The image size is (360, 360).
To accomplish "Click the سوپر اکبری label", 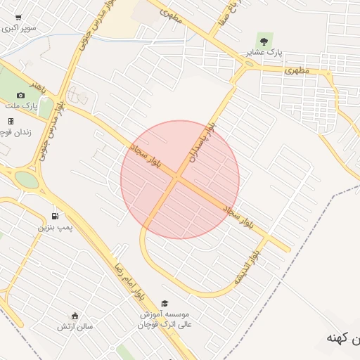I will point(19,29).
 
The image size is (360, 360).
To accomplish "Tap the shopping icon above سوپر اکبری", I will point(18,18).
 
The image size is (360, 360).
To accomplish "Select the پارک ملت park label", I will point(20,105).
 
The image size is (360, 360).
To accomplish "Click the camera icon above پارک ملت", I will point(20,95).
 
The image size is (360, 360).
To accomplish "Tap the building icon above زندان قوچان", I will point(11,121).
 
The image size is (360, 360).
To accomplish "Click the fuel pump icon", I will point(55,217).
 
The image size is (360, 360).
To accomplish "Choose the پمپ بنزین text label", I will point(55,228).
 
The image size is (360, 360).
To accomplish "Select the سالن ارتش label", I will point(75,326).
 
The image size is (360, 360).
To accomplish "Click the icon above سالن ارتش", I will point(75,316).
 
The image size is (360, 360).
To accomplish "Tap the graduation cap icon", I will point(165,303).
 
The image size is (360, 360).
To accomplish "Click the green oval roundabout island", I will point(27,179).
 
